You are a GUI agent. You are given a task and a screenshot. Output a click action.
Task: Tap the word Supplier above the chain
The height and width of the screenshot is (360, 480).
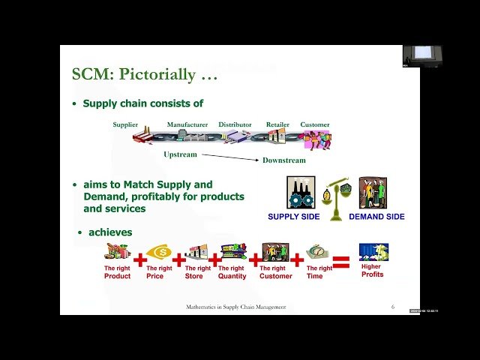[125, 124]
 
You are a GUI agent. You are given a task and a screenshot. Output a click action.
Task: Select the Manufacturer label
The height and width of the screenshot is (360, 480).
[187, 124]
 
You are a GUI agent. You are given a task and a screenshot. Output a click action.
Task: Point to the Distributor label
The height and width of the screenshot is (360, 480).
[235, 124]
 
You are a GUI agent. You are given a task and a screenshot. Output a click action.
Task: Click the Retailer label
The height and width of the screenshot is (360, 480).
[277, 124]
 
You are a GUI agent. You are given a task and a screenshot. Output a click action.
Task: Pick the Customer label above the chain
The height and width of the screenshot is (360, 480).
[315, 124]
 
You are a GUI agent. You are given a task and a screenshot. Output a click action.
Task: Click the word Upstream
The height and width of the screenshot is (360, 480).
[180, 154]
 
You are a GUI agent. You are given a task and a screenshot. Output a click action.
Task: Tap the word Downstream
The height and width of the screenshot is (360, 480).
[283, 160]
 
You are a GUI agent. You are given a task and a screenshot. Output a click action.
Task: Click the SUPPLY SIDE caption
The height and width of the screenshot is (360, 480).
[294, 217]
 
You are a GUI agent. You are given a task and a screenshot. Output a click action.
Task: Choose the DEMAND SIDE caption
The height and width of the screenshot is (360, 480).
[376, 217]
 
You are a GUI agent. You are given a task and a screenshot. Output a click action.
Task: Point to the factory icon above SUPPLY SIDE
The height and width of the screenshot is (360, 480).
[301, 193]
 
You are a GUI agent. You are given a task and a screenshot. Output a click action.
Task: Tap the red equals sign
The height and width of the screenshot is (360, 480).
[341, 262]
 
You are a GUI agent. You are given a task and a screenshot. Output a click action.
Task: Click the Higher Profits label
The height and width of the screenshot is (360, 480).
[372, 271]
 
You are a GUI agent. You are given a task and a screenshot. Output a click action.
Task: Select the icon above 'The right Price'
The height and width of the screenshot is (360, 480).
[160, 252]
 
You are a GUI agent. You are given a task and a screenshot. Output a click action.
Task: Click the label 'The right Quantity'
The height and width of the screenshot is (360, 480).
[232, 272]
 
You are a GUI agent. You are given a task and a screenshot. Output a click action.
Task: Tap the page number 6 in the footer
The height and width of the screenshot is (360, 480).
[393, 307]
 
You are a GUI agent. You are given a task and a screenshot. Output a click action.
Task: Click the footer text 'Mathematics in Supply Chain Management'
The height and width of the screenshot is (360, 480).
[235, 307]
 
